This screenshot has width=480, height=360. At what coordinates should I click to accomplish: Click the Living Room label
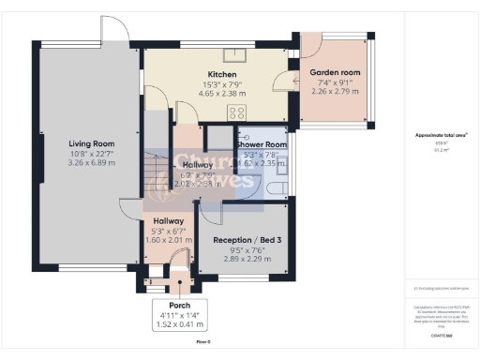(90, 143)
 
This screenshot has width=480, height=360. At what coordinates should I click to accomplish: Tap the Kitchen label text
(221, 74)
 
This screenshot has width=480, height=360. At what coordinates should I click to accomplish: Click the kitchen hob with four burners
(234, 111)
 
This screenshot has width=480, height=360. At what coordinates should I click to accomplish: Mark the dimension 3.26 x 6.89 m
(90, 163)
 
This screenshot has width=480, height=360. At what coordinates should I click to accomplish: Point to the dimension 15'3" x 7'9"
(221, 84)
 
